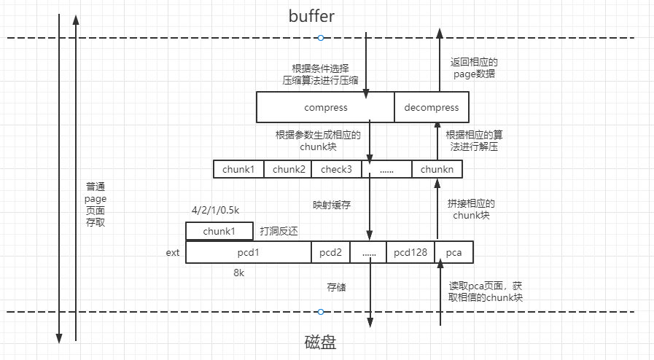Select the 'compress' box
tap(325, 107)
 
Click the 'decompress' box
tap(431, 107)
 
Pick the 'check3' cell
tap(336, 169)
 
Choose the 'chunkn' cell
tap(437, 169)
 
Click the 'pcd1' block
tap(249, 252)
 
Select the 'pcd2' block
tap(330, 252)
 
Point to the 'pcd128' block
tap(410, 252)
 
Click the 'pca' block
tap(453, 252)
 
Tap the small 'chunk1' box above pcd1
tap(219, 231)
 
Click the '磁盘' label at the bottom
tap(320, 343)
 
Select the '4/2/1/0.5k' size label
tap(216, 211)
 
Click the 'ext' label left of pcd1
tap(173, 253)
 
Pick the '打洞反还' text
tap(279, 231)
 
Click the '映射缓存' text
tap(332, 205)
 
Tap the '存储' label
tap(336, 287)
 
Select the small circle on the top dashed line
tap(320, 38)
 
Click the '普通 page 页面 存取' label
tap(96, 204)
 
